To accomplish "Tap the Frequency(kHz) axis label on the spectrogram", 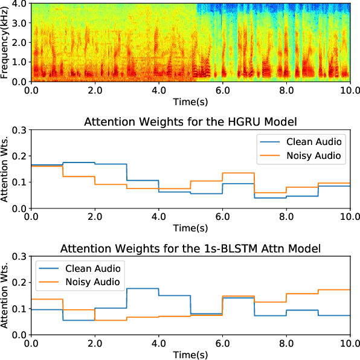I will point(5,42).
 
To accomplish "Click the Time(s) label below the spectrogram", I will point(190,102).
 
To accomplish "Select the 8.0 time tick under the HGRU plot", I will point(286,217).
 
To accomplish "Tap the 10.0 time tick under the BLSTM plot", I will point(349,344).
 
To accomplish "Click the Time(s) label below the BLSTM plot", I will point(190,355).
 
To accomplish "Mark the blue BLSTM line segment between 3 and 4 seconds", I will point(143,289).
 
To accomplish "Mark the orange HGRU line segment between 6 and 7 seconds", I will point(238,173).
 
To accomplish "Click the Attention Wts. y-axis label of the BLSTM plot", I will point(5,295).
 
